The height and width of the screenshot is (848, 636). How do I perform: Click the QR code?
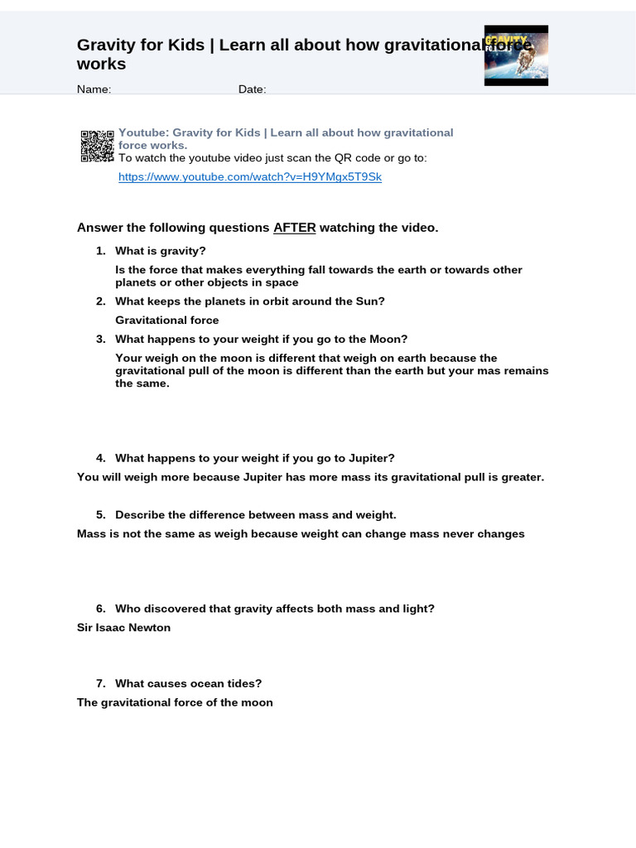click(97, 146)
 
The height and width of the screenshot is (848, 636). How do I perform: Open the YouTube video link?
click(249, 177)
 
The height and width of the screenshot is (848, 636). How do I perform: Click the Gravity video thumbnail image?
click(516, 55)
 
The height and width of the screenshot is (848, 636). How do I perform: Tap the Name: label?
click(94, 89)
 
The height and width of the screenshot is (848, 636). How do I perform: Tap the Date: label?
click(252, 89)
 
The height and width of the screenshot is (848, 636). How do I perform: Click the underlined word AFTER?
click(295, 228)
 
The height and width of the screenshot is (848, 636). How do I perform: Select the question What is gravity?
click(160, 251)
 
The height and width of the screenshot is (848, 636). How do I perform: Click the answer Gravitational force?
click(166, 320)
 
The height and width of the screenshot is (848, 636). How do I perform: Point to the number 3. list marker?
click(100, 339)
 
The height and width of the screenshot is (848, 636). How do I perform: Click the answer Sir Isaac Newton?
click(123, 628)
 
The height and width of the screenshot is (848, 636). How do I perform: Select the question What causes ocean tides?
click(188, 684)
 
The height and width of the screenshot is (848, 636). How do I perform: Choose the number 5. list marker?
click(100, 515)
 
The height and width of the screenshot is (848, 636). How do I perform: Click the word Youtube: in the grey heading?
click(143, 133)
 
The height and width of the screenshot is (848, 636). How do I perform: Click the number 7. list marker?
click(100, 684)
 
